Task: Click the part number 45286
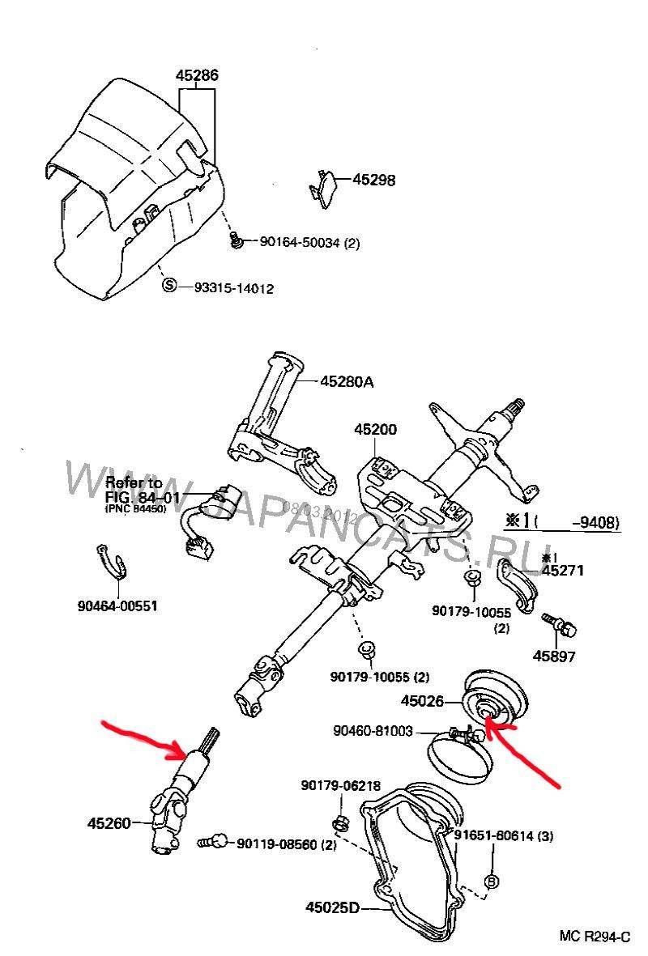point(197,76)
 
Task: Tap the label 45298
point(373,180)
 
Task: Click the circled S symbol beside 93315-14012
point(169,286)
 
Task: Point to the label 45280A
point(347,381)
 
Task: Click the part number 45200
point(374,429)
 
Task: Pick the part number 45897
point(555,656)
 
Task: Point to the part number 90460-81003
point(373,731)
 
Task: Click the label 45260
point(109,824)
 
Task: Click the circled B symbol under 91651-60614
point(490,881)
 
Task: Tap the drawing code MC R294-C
point(594,937)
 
